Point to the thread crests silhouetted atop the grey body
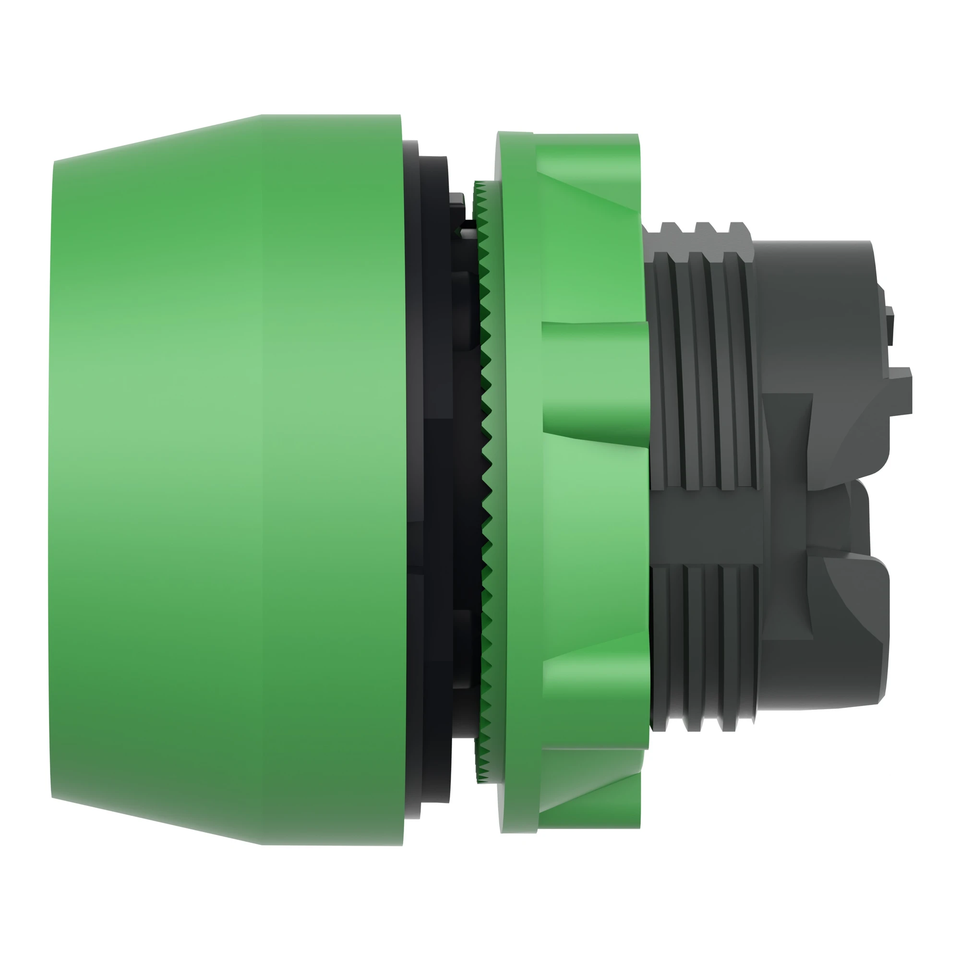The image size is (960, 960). (696, 231)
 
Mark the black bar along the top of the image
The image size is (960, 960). (480, 34)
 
